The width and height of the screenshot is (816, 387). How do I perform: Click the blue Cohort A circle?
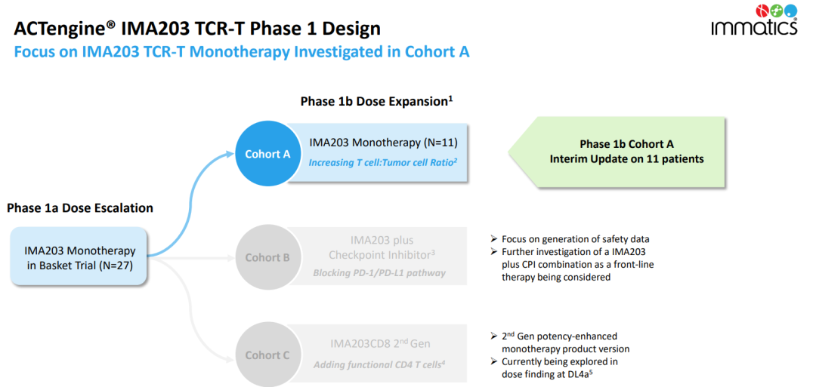(267, 154)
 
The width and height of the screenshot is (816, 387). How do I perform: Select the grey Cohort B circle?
(267, 257)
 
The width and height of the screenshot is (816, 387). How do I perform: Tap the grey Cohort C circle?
(267, 355)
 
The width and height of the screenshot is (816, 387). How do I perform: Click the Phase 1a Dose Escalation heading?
(80, 208)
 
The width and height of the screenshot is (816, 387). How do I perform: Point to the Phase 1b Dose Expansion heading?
(376, 101)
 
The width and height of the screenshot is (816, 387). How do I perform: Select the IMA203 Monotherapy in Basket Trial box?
(80, 257)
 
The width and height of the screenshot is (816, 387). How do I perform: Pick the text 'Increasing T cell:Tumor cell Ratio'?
(380, 162)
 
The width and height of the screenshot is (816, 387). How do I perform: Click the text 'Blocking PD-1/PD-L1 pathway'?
(379, 273)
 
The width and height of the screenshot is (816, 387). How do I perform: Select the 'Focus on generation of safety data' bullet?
(575, 239)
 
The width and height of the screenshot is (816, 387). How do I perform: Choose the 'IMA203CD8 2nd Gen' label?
(380, 344)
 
